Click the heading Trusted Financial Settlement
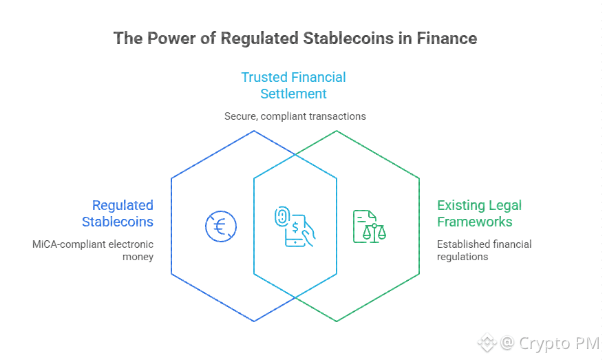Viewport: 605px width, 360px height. [293, 85]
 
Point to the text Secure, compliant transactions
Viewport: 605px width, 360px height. [295, 116]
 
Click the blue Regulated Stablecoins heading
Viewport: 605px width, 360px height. [118, 213]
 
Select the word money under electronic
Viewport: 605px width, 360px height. [138, 257]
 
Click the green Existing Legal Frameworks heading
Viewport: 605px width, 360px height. [479, 213]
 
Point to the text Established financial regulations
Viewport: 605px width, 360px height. [485, 251]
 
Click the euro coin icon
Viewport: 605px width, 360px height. [221, 226]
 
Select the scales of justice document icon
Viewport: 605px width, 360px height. [370, 226]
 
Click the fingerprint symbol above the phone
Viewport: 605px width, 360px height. [282, 216]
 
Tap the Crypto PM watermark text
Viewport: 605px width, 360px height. [559, 343]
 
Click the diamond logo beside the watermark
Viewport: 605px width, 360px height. [487, 342]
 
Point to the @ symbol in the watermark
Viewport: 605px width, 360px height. [507, 342]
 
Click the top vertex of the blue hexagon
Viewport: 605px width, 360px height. [254, 131]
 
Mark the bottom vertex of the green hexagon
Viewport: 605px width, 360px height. [337, 321]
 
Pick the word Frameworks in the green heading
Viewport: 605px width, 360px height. [475, 222]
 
